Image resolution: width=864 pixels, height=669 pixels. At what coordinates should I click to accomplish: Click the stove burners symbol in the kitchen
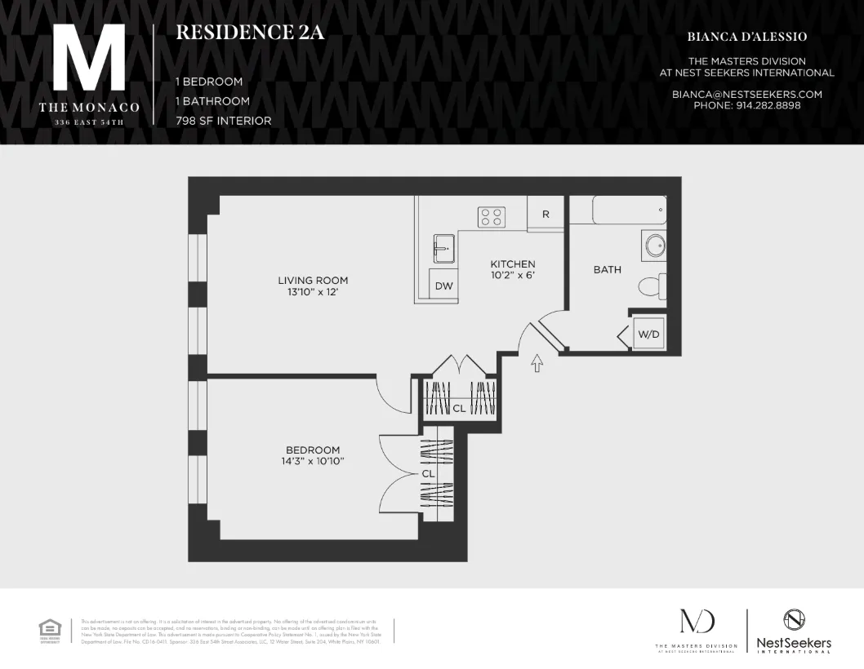(492, 217)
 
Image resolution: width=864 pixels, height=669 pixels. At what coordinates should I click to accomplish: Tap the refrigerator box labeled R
(546, 215)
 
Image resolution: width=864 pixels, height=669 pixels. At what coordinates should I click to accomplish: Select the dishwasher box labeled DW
(443, 286)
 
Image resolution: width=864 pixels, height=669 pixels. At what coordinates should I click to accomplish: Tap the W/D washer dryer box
(648, 334)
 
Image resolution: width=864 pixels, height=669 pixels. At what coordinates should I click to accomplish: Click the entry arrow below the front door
(537, 363)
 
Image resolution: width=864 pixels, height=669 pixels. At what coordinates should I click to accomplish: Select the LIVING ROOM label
(313, 281)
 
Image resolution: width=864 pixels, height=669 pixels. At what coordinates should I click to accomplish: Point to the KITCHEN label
(513, 264)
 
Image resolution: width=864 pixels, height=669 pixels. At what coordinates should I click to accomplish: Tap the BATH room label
(607, 270)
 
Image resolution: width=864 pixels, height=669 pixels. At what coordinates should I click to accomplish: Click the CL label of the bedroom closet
(427, 473)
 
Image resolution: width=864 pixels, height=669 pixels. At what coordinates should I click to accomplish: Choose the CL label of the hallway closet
(459, 408)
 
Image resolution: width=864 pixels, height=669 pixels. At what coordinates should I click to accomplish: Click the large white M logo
(89, 58)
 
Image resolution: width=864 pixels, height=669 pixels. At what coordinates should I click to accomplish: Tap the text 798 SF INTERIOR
(224, 121)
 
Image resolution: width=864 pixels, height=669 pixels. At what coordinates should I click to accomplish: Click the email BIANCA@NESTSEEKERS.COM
(746, 95)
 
